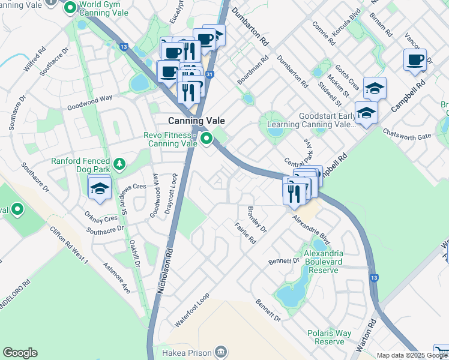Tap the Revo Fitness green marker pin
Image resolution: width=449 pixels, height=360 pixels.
coord(207,139)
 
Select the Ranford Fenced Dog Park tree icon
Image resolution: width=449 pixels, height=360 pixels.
coord(119,163)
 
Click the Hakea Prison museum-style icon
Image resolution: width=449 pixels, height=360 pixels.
coord(221,350)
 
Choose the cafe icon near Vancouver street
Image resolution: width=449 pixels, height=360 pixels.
coord(415,60)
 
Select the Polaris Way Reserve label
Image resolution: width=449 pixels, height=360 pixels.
coord(330,337)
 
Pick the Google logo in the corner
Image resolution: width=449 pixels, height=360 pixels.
coord(20,353)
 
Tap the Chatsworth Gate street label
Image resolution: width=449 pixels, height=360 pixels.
coord(407,136)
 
